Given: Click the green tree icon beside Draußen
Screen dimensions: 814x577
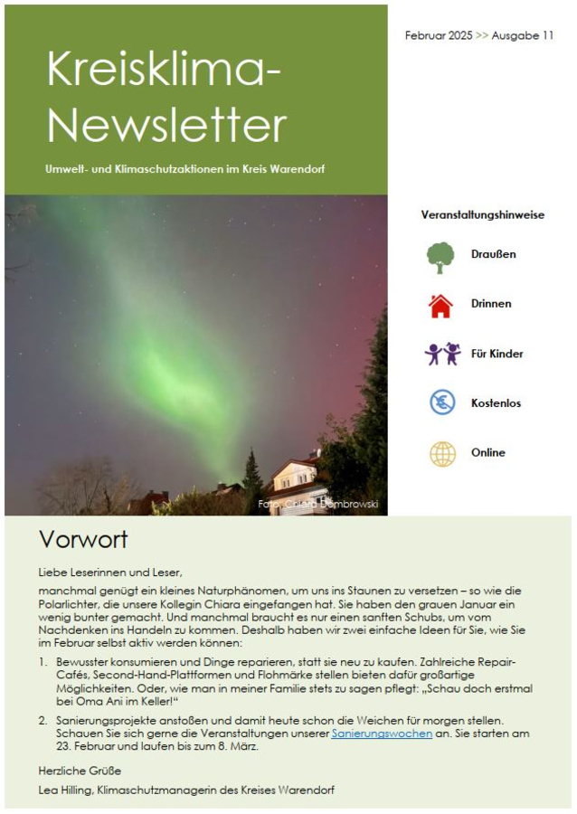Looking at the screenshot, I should pos(440,257).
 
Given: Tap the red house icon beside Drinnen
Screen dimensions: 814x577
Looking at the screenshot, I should pos(440,306).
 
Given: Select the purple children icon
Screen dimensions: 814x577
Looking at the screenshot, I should pos(442,354).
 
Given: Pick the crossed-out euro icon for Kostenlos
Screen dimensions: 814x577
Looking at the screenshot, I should pos(442,402).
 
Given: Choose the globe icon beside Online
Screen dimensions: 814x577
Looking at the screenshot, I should pos(442,453).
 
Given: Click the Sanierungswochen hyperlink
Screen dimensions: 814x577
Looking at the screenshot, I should pos(382,734).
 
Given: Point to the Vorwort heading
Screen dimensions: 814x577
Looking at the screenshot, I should pos(83,540).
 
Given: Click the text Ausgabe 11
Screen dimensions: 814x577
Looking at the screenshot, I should pos(523,35).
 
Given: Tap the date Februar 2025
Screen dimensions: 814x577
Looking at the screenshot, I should pos(439,35).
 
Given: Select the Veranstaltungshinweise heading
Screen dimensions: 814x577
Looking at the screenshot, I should pos(482,215).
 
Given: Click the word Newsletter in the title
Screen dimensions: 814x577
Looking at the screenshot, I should pos(166,123).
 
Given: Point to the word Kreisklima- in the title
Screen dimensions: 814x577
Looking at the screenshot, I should pos(164,69).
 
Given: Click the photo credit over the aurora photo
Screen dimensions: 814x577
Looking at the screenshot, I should pos(317,504).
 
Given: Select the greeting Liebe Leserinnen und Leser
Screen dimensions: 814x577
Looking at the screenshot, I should pos(110,573).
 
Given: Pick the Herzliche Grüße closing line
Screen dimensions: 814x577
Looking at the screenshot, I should pos(80,771).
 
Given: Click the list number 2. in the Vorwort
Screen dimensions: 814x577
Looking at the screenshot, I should pos(43,720).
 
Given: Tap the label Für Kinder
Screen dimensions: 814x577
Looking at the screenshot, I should pos(497,354).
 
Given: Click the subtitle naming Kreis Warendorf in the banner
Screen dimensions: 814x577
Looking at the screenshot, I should pos(185,169).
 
